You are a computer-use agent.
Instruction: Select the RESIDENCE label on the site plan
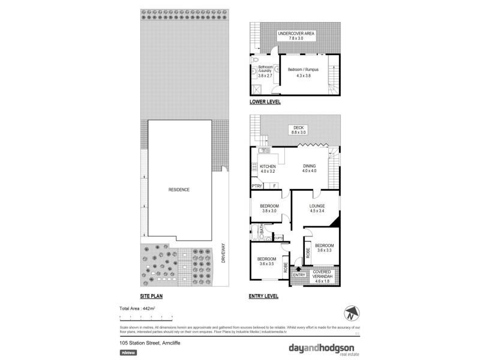[x=179, y=190]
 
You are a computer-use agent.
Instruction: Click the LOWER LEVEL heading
[x=265, y=102]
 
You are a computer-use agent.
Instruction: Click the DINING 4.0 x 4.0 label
[x=309, y=169]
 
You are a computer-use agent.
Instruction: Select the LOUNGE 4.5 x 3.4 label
[x=317, y=208]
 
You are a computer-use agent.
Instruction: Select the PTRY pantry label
[x=257, y=186]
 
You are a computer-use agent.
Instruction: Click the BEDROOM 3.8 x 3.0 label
[x=269, y=208]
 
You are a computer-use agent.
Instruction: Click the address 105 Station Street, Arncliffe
[x=150, y=343]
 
